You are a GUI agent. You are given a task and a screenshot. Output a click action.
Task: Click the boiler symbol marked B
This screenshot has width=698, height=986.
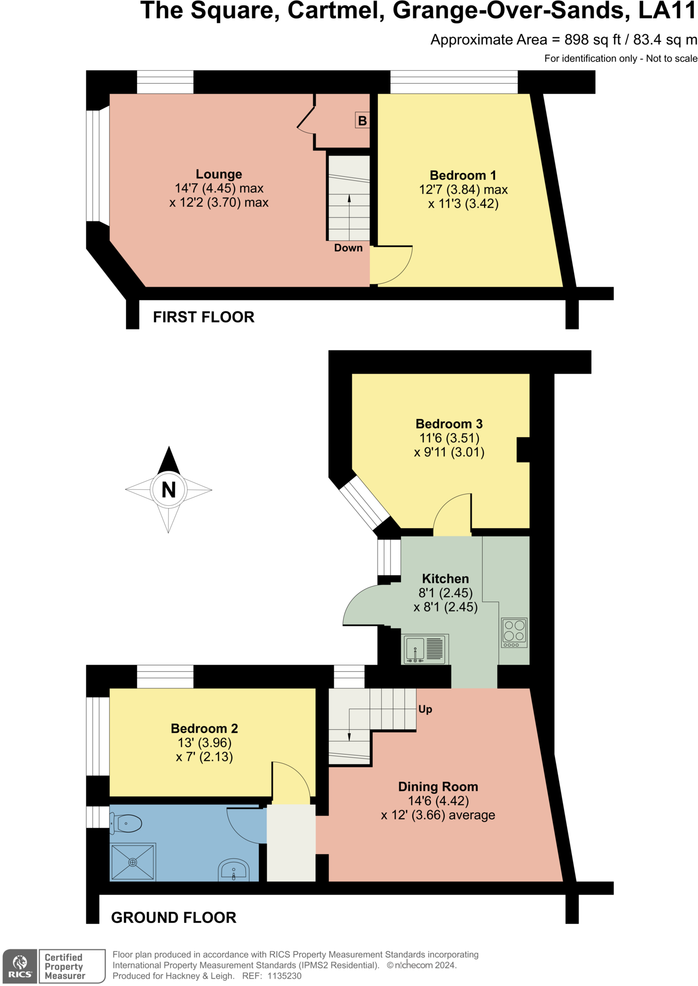coord(362,121)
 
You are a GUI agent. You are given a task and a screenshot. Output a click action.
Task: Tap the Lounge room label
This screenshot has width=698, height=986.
coord(219,174)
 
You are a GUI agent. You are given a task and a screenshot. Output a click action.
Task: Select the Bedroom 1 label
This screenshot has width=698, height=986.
coord(462,175)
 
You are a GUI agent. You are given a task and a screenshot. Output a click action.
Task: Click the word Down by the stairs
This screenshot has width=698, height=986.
coord(348,248)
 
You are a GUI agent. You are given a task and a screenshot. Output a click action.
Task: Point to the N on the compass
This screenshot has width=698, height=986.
coord(168,489)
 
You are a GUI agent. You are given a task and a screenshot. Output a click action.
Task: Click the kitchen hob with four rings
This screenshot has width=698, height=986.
coord(514,632)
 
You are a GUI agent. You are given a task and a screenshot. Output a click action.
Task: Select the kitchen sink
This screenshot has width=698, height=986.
coord(425,649)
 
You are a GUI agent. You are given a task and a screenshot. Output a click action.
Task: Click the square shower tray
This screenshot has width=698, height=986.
coord(133,861)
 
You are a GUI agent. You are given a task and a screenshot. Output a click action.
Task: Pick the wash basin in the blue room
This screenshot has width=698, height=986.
coord(234,870)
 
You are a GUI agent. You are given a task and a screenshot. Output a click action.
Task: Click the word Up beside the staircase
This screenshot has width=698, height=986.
coord(425,709)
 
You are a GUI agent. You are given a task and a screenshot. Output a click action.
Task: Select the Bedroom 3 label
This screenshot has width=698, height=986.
coord(449,424)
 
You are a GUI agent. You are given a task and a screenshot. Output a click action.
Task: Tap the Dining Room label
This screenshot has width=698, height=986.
coord(438,787)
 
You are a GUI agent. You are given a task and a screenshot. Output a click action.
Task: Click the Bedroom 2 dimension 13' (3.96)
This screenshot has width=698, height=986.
coord(204,743)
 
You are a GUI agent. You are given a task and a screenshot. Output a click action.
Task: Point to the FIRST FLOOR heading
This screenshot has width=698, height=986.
coord(204,317)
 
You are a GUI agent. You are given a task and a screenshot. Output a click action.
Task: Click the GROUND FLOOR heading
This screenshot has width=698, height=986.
coord(174,917)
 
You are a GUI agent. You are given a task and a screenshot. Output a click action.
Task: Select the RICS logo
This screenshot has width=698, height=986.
coord(20,966)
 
